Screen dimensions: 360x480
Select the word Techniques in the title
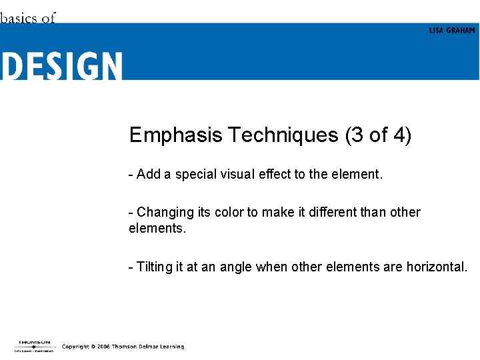pyautogui.click(x=284, y=135)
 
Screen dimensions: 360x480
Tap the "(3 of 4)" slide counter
pyautogui.click(x=379, y=135)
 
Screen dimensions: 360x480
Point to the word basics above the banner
pyautogui.click(x=19, y=18)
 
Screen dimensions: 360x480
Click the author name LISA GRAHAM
pyautogui.click(x=452, y=31)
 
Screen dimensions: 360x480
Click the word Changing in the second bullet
pyautogui.click(x=166, y=213)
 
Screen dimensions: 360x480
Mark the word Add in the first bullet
pyautogui.click(x=149, y=175)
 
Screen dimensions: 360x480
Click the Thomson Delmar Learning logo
pyautogui.click(x=35, y=346)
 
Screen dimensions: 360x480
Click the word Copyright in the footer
pyautogui.click(x=75, y=347)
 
